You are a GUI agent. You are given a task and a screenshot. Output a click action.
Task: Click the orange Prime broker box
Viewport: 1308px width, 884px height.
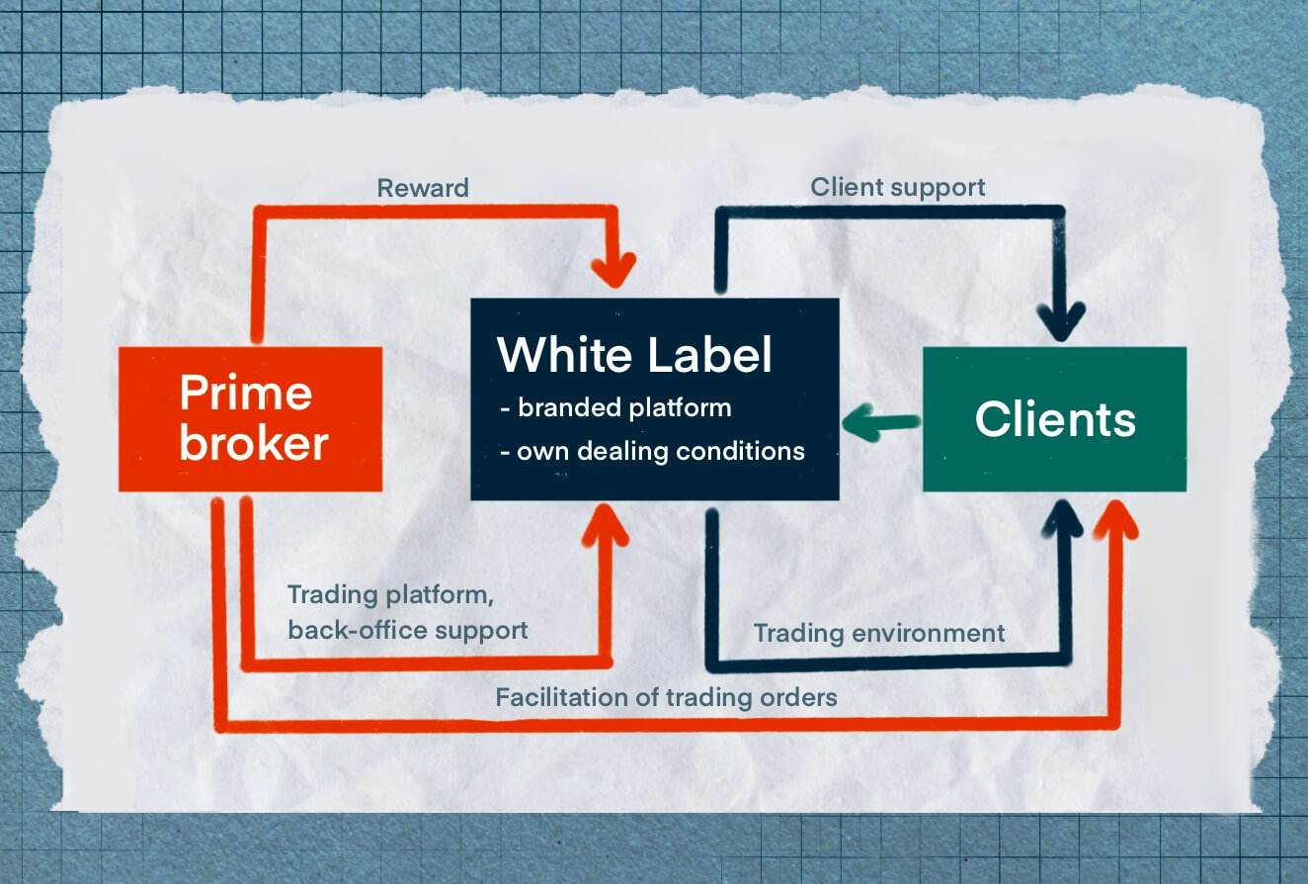(251, 419)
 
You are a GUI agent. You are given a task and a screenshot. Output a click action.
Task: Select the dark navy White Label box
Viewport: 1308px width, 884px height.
(655, 399)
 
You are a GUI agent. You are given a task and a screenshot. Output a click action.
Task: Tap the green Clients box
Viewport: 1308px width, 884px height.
(1054, 419)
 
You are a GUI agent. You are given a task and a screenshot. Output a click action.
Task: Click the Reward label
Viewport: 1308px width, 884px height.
(423, 188)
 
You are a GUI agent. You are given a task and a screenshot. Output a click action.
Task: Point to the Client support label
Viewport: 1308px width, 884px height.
(897, 188)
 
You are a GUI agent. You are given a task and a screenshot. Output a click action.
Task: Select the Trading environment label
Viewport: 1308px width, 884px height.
(879, 634)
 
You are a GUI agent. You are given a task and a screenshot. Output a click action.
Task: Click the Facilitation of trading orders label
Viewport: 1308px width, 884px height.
(666, 698)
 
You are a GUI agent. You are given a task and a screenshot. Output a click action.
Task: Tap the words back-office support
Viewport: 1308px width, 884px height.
(408, 631)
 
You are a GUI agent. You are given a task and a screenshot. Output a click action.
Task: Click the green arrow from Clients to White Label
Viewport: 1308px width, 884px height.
(881, 422)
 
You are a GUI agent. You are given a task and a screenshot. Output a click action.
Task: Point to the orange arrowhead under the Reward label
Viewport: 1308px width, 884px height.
(613, 270)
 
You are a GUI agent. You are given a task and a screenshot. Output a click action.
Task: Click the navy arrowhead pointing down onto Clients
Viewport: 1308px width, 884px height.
(1061, 322)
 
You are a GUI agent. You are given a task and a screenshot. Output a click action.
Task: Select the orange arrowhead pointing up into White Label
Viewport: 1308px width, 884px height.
(606, 525)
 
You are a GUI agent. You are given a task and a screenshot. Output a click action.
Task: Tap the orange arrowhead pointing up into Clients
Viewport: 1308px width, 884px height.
(1116, 519)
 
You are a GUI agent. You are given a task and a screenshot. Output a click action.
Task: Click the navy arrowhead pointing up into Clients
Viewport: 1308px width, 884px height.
(1063, 519)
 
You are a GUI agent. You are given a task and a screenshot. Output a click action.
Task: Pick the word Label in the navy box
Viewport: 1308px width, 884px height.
(709, 355)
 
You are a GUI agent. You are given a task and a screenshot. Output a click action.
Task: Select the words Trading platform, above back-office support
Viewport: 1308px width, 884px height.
(390, 595)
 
